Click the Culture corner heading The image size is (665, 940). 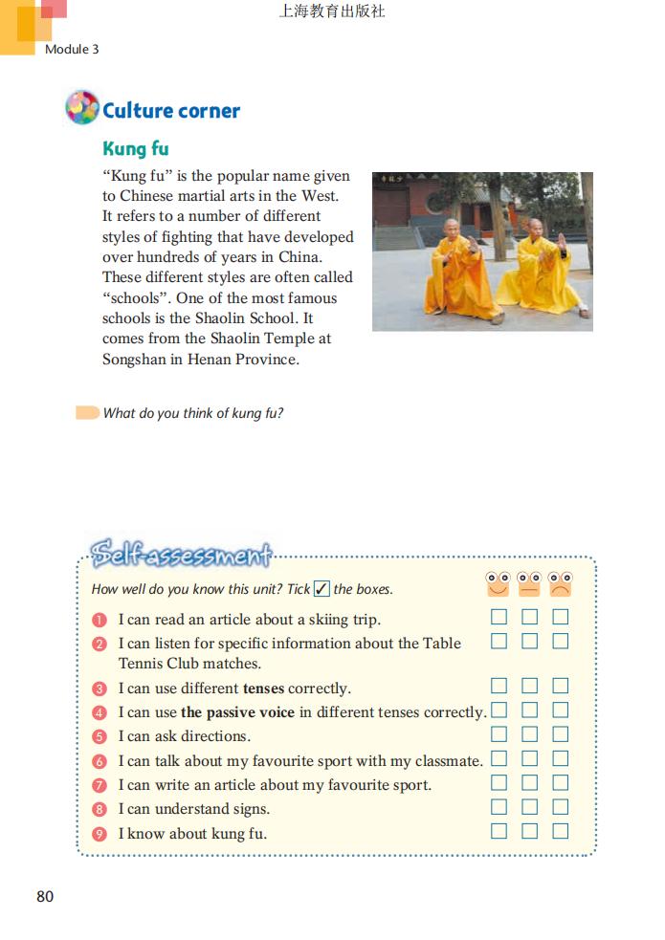(x=171, y=111)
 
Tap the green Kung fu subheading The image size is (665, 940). (x=136, y=149)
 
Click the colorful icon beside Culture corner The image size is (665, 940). (x=82, y=108)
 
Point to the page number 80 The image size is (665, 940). (x=45, y=896)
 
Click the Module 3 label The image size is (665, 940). (x=72, y=49)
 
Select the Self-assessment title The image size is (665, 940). (x=181, y=555)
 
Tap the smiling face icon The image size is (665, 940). (x=499, y=584)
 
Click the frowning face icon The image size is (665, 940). (x=560, y=584)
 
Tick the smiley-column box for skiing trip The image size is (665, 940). (x=499, y=617)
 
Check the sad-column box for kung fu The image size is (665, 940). (x=560, y=831)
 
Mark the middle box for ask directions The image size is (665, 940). (x=529, y=734)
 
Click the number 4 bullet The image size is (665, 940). (x=99, y=712)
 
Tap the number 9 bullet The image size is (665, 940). (x=99, y=833)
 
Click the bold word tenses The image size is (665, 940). (x=263, y=689)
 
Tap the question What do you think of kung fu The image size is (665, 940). (x=193, y=413)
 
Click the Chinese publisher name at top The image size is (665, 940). (x=332, y=12)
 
